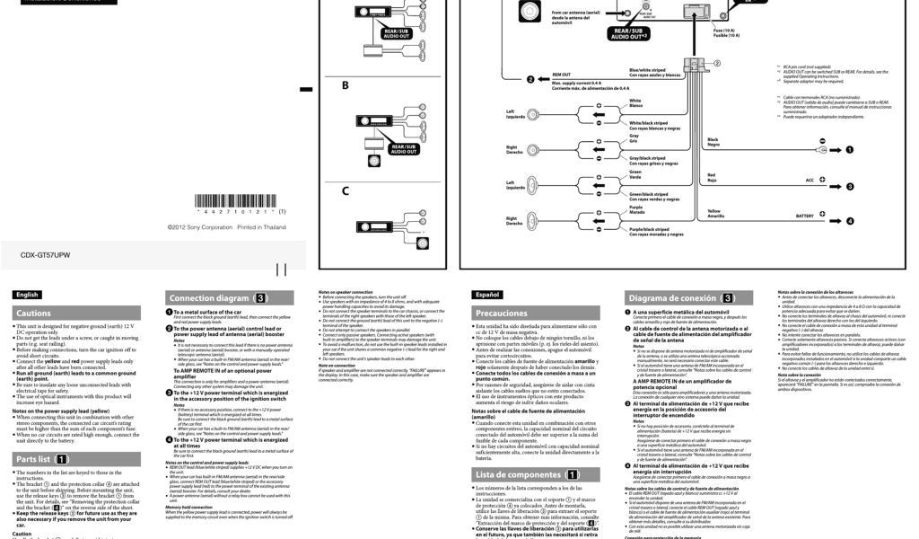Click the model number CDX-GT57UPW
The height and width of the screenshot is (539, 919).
click(x=45, y=255)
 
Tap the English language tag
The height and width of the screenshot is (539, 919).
click(x=28, y=294)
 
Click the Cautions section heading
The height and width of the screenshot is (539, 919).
click(x=33, y=313)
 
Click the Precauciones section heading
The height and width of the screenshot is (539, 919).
click(x=503, y=313)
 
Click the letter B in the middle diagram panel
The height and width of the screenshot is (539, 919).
click(x=345, y=86)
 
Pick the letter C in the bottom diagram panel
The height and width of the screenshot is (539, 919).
click(x=345, y=190)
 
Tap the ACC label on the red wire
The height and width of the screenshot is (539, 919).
click(x=810, y=180)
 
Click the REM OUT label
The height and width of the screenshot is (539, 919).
click(x=561, y=75)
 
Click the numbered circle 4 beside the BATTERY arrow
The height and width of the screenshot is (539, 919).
click(x=850, y=220)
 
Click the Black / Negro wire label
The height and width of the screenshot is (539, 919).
click(x=713, y=142)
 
